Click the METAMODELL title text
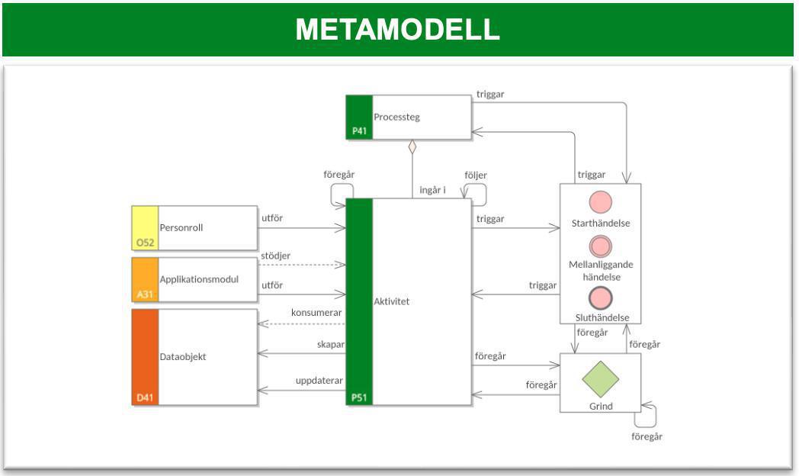tap(397, 30)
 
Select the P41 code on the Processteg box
tap(359, 131)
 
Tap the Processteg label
tap(396, 117)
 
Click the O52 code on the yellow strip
tap(145, 242)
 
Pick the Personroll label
tap(181, 227)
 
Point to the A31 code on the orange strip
tap(145, 294)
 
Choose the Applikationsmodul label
tap(198, 279)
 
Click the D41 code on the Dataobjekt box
tap(145, 397)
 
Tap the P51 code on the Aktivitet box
tap(359, 397)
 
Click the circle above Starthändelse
tap(601, 202)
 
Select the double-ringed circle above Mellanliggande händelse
tap(601, 246)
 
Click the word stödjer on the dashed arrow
tap(275, 256)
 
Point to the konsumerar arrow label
tap(316, 313)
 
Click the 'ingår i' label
tap(432, 189)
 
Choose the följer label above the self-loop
tap(476, 175)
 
